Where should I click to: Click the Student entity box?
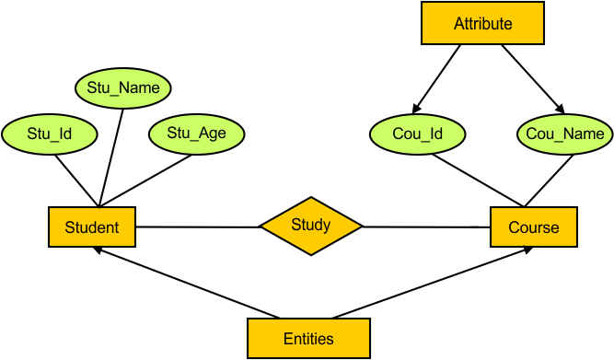pyautogui.click(x=91, y=226)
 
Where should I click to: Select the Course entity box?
pyautogui.click(x=534, y=226)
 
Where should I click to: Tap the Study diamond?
pyautogui.click(x=311, y=225)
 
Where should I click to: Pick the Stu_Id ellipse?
pyautogui.click(x=50, y=134)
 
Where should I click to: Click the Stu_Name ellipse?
pyautogui.click(x=122, y=88)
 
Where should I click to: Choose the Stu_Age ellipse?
pyautogui.click(x=196, y=134)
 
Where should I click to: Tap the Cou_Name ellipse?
pyautogui.click(x=565, y=134)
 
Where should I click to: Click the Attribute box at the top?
pyautogui.click(x=482, y=24)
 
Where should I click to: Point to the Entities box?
pyautogui.click(x=308, y=338)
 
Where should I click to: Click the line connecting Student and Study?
pyautogui.click(x=197, y=226)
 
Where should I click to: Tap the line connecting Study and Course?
pyautogui.click(x=425, y=226)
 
